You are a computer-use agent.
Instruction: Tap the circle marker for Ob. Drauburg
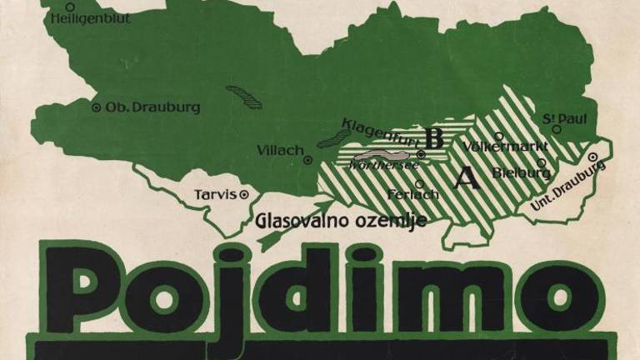[x=96, y=107]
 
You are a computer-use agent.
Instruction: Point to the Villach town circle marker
[x=307, y=160]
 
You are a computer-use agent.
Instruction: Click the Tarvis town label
[x=214, y=195]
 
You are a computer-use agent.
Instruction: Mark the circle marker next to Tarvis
[x=244, y=196]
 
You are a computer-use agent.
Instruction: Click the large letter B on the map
[x=432, y=137]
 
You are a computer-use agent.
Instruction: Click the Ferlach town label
[x=413, y=195]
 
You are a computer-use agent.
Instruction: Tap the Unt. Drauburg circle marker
[x=594, y=157]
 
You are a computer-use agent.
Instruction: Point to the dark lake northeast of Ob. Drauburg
[x=244, y=97]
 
